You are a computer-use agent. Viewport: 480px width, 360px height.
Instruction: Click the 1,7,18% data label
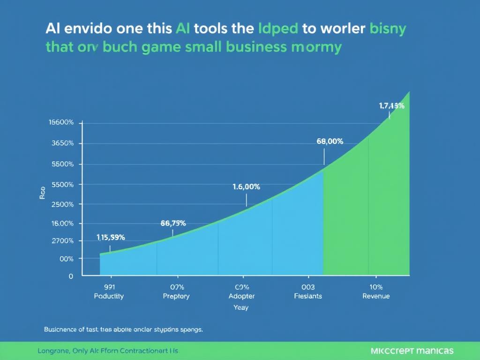click(x=391, y=106)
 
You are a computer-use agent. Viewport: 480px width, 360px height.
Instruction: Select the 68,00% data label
click(x=330, y=141)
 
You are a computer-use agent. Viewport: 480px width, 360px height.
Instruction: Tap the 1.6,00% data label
click(x=246, y=187)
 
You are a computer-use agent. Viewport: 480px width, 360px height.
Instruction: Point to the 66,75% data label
click(x=173, y=223)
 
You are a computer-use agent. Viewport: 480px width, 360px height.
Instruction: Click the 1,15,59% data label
click(x=111, y=237)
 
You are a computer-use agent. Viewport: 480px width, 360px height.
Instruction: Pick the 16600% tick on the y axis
click(x=61, y=122)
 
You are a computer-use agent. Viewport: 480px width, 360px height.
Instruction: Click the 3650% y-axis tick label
click(x=62, y=143)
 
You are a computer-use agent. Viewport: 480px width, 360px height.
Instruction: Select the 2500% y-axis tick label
click(x=62, y=204)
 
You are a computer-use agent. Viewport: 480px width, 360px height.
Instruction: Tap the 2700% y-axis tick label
click(x=62, y=241)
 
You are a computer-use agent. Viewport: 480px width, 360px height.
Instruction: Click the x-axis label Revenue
click(x=376, y=296)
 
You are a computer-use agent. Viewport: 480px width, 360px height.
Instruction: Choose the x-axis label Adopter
click(x=241, y=296)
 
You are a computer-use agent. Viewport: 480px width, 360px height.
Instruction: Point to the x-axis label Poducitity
click(x=109, y=296)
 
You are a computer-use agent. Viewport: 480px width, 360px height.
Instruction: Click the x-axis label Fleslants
click(x=308, y=296)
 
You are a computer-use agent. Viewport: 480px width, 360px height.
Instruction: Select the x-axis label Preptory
click(x=176, y=296)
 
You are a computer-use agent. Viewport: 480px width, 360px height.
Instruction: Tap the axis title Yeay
click(x=241, y=307)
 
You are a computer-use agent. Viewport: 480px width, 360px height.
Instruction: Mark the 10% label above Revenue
click(x=376, y=287)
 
